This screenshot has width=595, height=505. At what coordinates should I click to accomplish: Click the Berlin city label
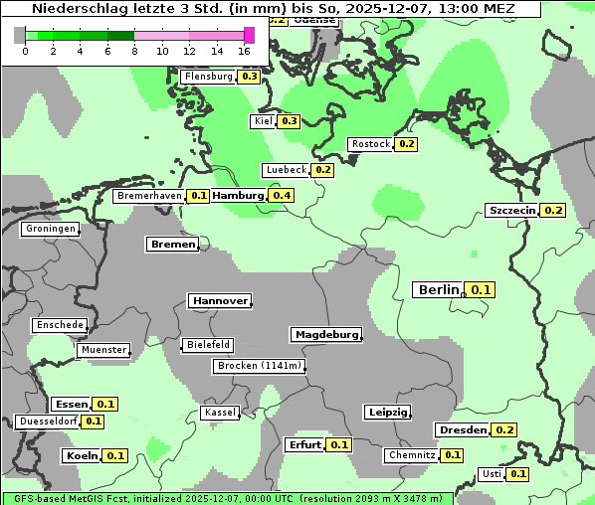438,290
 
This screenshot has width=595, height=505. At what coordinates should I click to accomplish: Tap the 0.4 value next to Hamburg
282,196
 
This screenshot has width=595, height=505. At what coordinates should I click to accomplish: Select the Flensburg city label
208,77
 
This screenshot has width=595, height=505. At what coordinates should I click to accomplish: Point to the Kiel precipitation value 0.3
290,121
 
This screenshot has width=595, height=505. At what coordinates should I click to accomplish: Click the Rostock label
371,144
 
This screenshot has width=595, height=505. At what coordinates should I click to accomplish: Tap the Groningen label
50,229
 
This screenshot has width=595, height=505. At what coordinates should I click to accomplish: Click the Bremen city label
172,244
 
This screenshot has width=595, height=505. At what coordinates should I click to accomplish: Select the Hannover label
219,300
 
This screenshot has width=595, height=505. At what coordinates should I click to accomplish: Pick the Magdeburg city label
325,334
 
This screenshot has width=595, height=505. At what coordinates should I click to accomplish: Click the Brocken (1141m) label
258,366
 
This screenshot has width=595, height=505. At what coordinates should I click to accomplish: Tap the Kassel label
220,413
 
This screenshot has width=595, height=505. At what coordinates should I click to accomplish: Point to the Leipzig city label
387,413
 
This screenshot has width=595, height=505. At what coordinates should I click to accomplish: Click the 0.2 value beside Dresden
504,430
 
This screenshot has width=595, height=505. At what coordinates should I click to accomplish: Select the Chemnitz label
412,455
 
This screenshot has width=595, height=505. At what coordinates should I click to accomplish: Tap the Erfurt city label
303,444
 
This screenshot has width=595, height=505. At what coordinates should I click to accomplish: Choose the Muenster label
103,350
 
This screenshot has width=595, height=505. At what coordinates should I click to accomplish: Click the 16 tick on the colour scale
245,51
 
